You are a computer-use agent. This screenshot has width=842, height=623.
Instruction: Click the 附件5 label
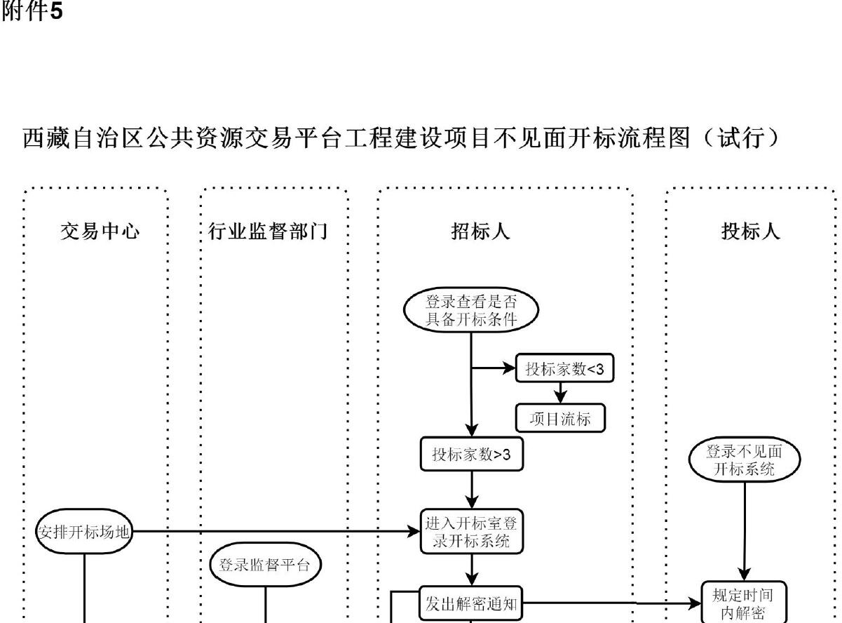(x=32, y=12)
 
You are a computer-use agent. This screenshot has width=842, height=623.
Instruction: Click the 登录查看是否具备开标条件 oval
(x=471, y=309)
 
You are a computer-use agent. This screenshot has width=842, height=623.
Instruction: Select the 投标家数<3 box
(x=564, y=370)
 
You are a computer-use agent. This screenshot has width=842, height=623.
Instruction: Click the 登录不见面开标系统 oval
(x=745, y=460)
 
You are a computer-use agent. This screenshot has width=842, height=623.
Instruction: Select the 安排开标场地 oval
(x=84, y=531)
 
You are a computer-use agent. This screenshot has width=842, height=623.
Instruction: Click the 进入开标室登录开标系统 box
(x=471, y=531)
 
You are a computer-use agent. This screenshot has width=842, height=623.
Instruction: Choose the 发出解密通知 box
(x=471, y=603)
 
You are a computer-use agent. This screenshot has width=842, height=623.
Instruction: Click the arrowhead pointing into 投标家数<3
(x=510, y=368)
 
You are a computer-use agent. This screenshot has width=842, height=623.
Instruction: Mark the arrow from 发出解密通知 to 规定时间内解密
(x=610, y=602)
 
